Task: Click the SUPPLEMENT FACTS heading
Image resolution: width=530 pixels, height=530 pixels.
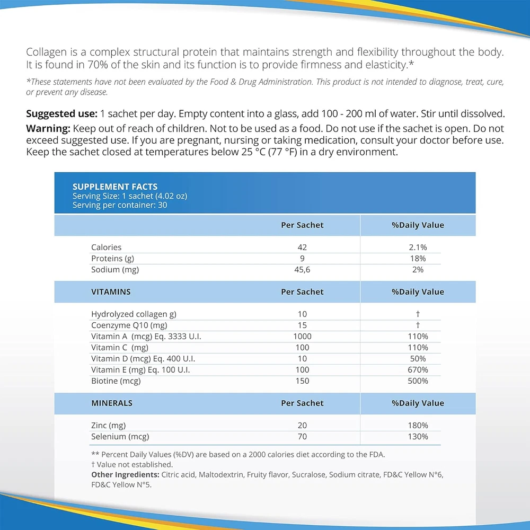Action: (115, 187)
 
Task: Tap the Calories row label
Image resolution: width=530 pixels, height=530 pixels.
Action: (106, 248)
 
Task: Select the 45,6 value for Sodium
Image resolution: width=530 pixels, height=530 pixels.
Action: (302, 270)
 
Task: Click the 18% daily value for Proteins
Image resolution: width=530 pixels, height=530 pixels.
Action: (418, 259)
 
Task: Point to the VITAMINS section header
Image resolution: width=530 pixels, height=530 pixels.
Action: (111, 292)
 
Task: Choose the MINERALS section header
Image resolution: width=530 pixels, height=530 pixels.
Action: (112, 403)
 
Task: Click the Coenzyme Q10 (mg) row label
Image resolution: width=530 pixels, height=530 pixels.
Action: (129, 325)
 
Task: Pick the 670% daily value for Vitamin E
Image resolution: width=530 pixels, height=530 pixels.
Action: (418, 370)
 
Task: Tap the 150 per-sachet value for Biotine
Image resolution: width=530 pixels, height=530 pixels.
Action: (302, 381)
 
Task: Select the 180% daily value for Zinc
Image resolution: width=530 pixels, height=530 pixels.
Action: (418, 426)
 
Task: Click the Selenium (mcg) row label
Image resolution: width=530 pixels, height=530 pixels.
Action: (120, 437)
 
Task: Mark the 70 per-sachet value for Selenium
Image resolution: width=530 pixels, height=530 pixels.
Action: (302, 437)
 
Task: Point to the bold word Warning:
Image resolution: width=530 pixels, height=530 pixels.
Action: (48, 129)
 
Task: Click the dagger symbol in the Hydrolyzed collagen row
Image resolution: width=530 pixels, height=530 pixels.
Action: (418, 314)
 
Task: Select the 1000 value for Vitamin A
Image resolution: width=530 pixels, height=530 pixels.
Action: (302, 337)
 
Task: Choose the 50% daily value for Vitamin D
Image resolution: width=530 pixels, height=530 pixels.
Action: (418, 359)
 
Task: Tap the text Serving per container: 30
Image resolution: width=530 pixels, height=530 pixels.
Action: (120, 205)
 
